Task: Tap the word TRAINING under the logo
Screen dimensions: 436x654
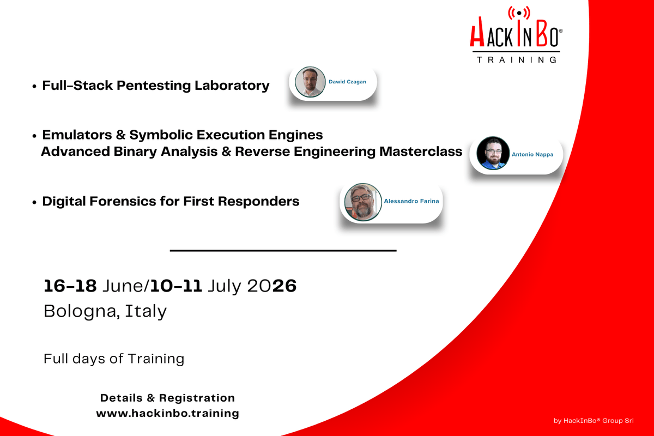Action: pyautogui.click(x=517, y=59)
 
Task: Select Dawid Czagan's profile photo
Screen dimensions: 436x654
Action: pyautogui.click(x=310, y=82)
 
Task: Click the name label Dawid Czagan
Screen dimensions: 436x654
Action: pyautogui.click(x=348, y=82)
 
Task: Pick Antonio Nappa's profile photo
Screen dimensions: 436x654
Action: pyautogui.click(x=493, y=153)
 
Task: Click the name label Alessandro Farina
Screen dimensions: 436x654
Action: pyautogui.click(x=411, y=201)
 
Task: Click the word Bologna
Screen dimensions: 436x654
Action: pyautogui.click(x=82, y=311)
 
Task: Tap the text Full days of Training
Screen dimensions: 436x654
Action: pyautogui.click(x=114, y=359)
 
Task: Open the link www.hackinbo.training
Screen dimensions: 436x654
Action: pyautogui.click(x=167, y=413)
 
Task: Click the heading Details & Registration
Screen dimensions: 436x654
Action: pyautogui.click(x=167, y=398)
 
